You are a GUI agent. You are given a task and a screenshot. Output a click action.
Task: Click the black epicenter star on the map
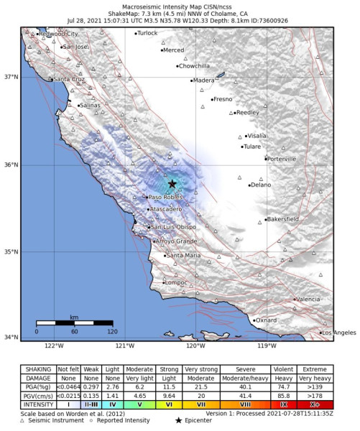coord(172,184)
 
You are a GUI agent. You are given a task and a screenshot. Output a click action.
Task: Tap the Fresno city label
coord(223,99)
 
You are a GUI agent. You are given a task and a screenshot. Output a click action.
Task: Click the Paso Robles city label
coord(162,197)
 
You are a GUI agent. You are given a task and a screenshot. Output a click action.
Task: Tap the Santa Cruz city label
coord(70,79)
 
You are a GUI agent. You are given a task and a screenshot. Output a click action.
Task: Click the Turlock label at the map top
coord(147,33)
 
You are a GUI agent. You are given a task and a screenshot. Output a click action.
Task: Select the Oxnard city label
coord(266,320)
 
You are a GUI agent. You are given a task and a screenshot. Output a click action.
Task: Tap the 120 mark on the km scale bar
coord(111,332)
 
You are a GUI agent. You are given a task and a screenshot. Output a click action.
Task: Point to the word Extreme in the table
coord(314,367)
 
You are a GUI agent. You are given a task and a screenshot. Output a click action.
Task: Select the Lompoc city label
coord(175,282)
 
